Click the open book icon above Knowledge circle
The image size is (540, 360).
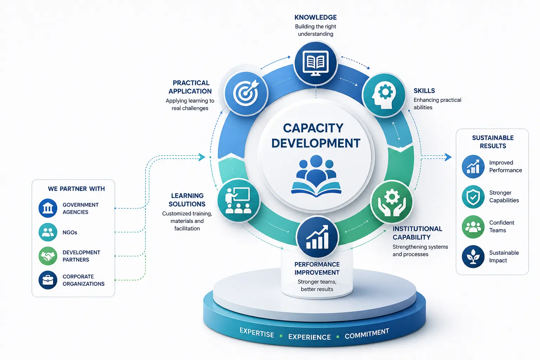(316, 63)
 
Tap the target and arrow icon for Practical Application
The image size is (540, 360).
(246, 93)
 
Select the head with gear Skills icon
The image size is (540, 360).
(384, 95)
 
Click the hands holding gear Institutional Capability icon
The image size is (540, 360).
(392, 202)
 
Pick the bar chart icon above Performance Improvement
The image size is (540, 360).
(317, 237)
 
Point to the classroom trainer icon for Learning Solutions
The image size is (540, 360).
(238, 200)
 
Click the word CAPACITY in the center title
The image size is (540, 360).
(313, 128)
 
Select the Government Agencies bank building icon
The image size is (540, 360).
(48, 208)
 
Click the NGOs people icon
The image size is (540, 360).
(48, 232)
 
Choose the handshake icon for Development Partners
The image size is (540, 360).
(48, 256)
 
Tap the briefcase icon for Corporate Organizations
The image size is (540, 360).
(48, 280)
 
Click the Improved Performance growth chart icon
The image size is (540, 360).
(473, 166)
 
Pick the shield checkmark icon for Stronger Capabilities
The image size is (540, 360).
(473, 197)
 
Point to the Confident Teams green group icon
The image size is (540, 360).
(473, 227)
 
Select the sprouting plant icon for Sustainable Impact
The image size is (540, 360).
(473, 257)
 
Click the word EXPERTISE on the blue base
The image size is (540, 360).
(257, 333)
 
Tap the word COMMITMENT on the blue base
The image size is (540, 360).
(367, 334)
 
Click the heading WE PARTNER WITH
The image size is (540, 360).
(76, 189)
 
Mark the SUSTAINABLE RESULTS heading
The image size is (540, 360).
(493, 142)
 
